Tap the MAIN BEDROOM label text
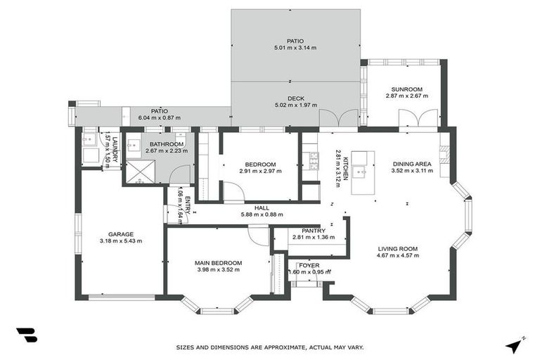(219, 263)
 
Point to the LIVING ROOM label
(398, 248)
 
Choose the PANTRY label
(313, 231)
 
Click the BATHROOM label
(166, 143)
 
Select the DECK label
(295, 99)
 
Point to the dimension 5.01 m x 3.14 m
(295, 48)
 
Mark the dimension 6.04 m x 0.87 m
(160, 117)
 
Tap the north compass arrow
(514, 345)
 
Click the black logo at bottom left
(26, 335)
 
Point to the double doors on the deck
(328, 118)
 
